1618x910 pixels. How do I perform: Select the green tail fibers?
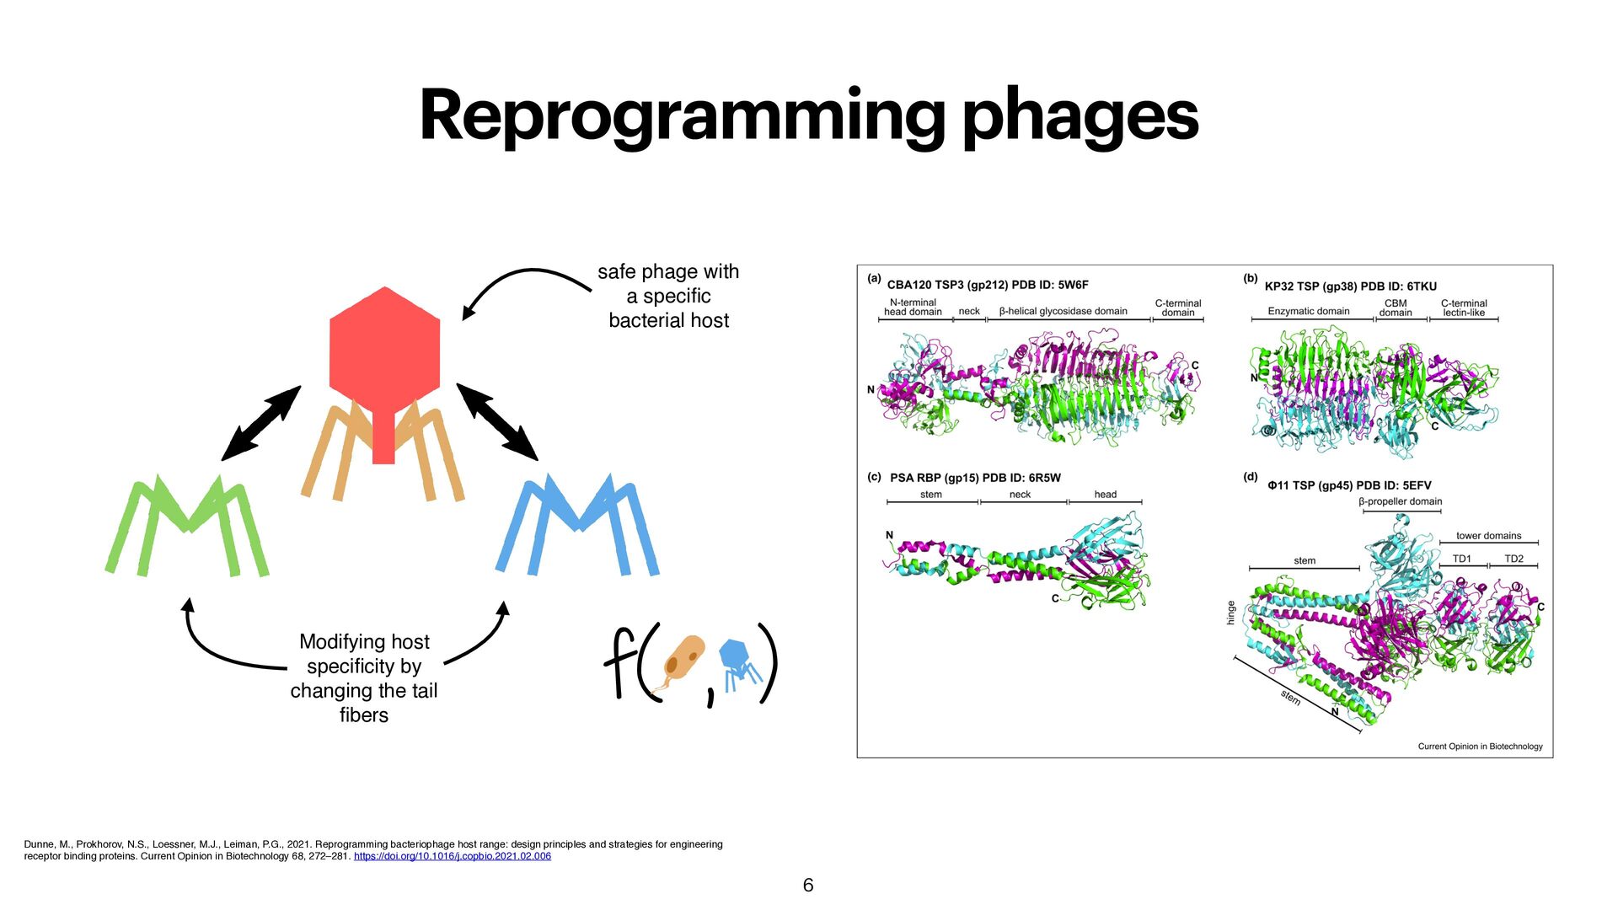click(187, 527)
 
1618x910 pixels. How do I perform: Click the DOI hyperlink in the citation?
click(452, 856)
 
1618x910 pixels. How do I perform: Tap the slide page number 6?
click(808, 885)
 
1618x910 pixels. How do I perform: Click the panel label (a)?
click(874, 278)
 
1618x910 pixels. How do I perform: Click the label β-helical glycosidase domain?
click(1063, 311)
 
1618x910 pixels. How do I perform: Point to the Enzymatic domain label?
click(1308, 311)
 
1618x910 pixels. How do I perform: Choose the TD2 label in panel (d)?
click(1514, 559)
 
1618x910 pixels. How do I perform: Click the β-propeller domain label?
click(1400, 501)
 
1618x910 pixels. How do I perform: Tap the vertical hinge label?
click(1231, 613)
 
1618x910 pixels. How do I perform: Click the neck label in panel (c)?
click(1020, 495)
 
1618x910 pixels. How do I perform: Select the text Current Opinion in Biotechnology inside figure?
click(1480, 747)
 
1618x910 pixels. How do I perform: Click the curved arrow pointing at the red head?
click(522, 282)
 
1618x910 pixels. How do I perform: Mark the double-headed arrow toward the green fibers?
click(261, 423)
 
